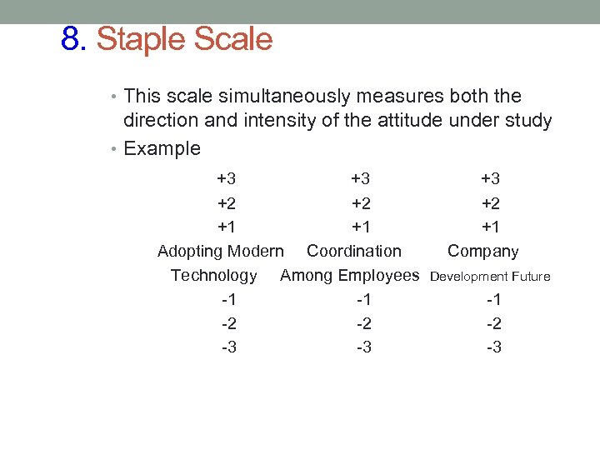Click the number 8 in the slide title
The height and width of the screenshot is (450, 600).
(71, 38)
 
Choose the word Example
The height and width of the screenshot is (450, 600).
(162, 149)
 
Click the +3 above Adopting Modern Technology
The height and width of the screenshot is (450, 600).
(227, 178)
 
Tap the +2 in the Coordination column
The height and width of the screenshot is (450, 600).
(361, 203)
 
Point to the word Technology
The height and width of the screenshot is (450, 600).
(213, 275)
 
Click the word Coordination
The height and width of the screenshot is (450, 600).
(353, 251)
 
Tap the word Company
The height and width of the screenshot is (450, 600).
(483, 251)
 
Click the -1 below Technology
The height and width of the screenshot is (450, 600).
(228, 299)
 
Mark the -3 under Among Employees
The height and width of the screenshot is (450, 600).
(363, 347)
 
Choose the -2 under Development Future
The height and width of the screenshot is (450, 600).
(493, 323)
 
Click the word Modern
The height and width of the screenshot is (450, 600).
(256, 251)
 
